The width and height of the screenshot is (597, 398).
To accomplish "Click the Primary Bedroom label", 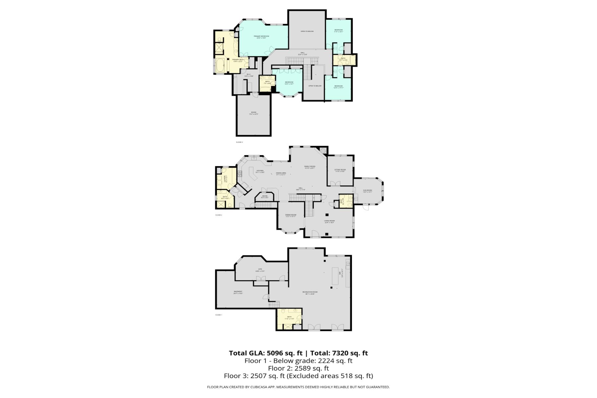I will [x=261, y=36].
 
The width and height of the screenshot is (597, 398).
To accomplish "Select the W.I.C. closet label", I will [x=249, y=74].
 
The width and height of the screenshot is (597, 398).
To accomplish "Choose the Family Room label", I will [x=310, y=166].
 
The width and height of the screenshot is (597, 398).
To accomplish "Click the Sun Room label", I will [x=367, y=190].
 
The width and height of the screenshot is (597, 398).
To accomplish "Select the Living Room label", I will [x=329, y=221].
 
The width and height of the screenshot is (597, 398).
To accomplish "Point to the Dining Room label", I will [x=291, y=215].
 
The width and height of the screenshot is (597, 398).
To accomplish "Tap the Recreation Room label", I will [x=310, y=292].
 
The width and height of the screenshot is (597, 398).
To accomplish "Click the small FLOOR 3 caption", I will [x=239, y=142].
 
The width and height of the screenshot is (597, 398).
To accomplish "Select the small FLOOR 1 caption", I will [x=219, y=315].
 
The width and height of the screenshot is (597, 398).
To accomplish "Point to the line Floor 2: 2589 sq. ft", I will [x=298, y=368].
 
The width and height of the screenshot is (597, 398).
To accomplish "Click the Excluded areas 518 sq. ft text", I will [x=330, y=376].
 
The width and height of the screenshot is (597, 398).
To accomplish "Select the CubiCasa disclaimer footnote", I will [x=298, y=387].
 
